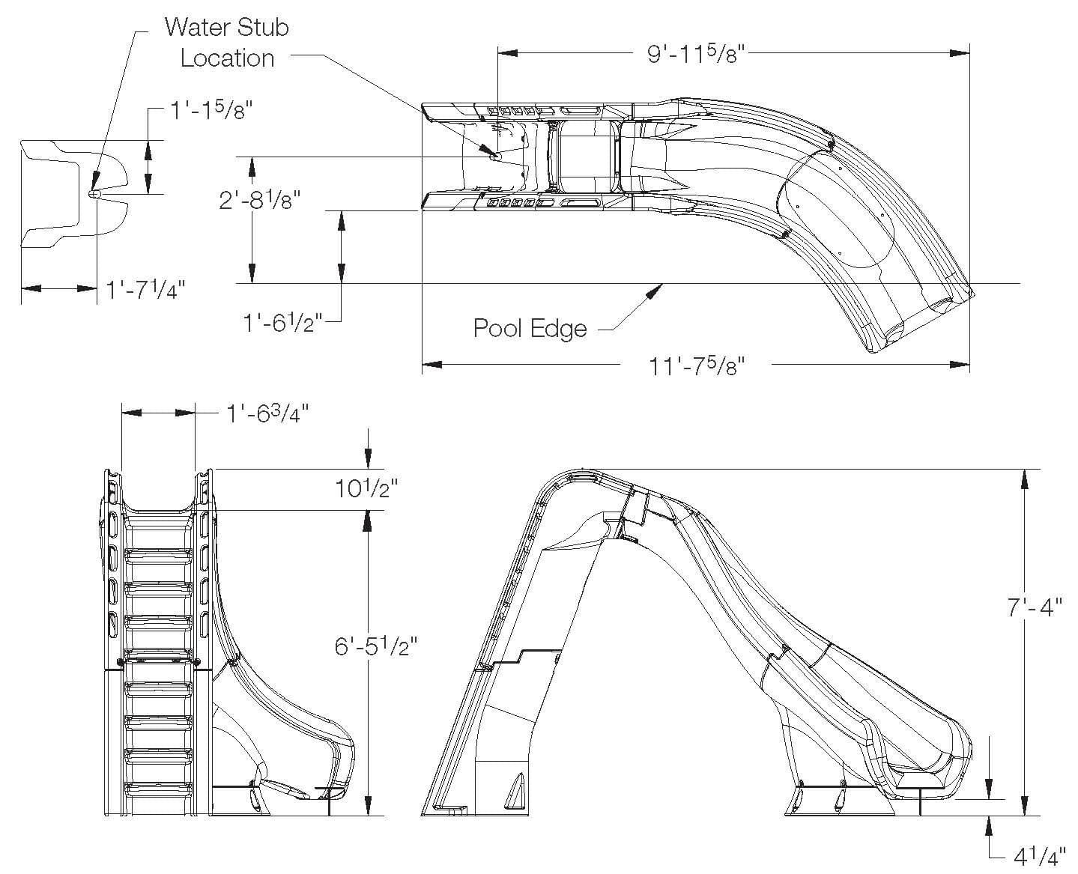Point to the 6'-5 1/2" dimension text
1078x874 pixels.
coord(375,645)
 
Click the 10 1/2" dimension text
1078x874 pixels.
coord(366,488)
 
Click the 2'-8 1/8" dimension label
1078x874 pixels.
coord(259,201)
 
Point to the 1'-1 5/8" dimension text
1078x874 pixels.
coord(209,112)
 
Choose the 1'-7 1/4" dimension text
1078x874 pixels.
coord(145,289)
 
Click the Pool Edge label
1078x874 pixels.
coord(530,328)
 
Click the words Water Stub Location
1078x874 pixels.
coord(226,43)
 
